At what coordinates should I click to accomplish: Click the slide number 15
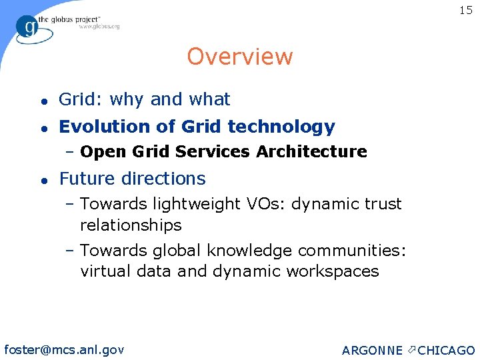coord(465,11)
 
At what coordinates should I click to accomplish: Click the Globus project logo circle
coord(28,27)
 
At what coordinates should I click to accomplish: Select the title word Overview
coord(239,57)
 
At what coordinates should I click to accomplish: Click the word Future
coord(85,179)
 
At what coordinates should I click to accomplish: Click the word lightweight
coord(190,204)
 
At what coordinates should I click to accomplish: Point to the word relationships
coord(131,225)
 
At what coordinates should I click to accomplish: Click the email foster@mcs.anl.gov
coord(64,349)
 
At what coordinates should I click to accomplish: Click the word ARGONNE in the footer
coord(371,350)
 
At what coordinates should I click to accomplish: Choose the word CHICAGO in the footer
coord(446,350)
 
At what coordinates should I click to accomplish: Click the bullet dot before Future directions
coord(43,179)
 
